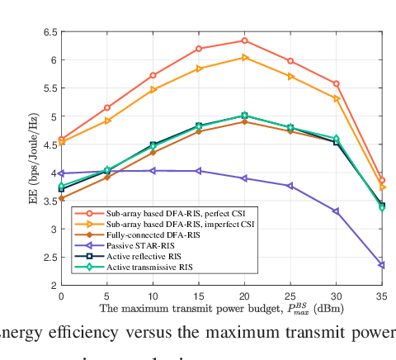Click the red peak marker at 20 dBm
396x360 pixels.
coord(244,40)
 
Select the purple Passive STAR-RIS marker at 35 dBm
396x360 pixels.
coord(382,265)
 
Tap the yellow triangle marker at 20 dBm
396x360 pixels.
coord(244,58)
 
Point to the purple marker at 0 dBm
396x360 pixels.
coord(61,173)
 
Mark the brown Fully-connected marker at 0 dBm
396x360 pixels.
coord(61,198)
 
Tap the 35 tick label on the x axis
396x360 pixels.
coord(381,296)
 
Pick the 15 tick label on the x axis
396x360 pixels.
coord(198,296)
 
